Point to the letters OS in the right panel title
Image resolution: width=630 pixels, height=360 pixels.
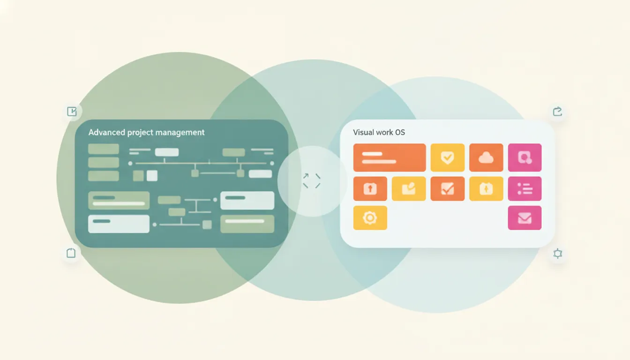click(400, 132)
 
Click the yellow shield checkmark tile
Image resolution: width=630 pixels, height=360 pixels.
click(448, 157)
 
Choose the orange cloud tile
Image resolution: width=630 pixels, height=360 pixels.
click(486, 157)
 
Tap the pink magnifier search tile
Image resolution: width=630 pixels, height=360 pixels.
click(525, 157)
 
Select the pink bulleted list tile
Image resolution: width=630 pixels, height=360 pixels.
click(525, 189)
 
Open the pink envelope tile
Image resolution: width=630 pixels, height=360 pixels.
click(525, 218)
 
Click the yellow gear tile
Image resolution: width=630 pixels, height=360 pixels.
click(370, 218)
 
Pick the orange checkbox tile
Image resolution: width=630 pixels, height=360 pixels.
click(448, 189)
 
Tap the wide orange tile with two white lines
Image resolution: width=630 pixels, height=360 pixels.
click(390, 157)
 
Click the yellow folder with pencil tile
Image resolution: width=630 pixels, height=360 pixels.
click(409, 189)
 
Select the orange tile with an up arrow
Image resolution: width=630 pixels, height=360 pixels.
click(370, 189)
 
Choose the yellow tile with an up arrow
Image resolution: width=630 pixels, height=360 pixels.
click(486, 189)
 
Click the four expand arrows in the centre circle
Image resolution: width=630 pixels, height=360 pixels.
click(312, 181)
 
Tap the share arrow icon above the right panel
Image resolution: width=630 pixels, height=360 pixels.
click(557, 112)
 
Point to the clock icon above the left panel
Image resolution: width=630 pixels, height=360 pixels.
click(72, 112)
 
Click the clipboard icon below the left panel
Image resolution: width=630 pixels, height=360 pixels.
click(71, 253)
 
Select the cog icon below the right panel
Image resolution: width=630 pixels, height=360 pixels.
click(557, 254)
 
